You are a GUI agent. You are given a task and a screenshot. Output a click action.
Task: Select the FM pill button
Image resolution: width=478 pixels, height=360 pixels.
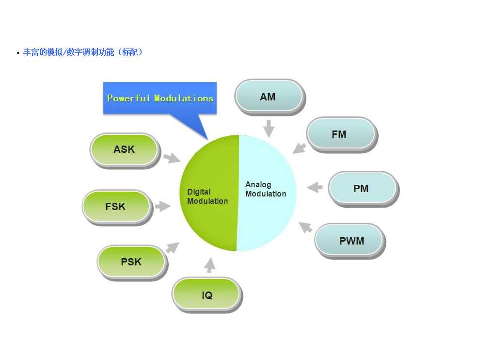coord(340,133)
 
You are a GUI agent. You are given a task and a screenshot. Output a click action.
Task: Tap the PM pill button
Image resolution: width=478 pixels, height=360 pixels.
coord(362,188)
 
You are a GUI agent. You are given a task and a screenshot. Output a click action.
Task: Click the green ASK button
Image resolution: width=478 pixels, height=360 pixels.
coord(124,149)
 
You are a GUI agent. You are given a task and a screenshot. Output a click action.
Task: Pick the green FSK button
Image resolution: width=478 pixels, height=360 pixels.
coord(115,206)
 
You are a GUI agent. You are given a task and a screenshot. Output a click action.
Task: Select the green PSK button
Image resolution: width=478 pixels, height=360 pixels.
coord(131,262)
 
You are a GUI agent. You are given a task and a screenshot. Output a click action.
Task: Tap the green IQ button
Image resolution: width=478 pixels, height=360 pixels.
coord(207,295)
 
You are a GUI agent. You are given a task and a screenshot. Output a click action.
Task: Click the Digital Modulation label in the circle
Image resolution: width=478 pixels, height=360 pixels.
coord(207,196)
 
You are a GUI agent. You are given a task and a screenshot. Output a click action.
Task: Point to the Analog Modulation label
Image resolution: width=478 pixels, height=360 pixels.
coord(265,189)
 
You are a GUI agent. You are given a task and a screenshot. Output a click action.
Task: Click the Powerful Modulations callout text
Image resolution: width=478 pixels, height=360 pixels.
coord(160,98)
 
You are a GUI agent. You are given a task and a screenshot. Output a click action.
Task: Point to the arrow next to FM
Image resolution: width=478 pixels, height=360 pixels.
coord(299,147)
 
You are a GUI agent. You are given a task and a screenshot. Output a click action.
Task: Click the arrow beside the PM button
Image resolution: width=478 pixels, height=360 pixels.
coord(315,187)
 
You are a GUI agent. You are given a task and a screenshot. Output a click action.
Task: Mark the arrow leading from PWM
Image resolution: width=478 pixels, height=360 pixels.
coord(305,227)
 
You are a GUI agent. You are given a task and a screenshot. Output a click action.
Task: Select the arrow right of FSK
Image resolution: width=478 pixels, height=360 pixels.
coord(163,206)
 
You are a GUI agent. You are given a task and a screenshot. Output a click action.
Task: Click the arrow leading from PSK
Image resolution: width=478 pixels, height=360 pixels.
coord(172,248)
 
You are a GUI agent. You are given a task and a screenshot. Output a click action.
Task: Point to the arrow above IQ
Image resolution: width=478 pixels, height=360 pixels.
coord(209,265)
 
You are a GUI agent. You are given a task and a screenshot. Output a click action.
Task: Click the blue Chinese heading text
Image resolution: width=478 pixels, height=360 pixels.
coord(83,52)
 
